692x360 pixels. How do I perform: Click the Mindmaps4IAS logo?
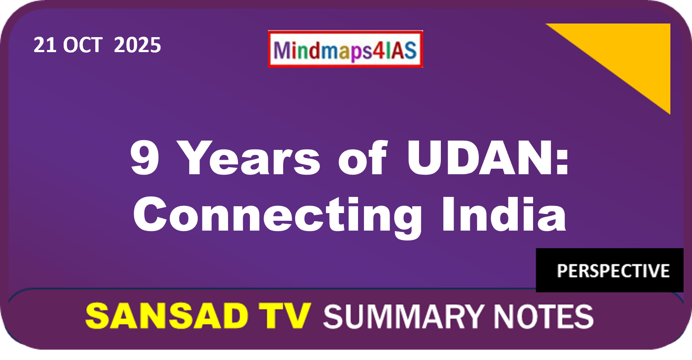(x=346, y=49)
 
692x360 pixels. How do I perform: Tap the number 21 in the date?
(x=44, y=45)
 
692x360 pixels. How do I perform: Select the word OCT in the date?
(x=82, y=45)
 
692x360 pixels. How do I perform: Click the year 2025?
(x=138, y=45)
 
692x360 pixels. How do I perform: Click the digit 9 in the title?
(x=144, y=158)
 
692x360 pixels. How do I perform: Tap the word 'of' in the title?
(x=363, y=158)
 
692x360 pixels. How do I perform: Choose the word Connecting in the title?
(x=277, y=216)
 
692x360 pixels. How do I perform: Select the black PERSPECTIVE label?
(x=610, y=270)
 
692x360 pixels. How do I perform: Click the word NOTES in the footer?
(x=543, y=316)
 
